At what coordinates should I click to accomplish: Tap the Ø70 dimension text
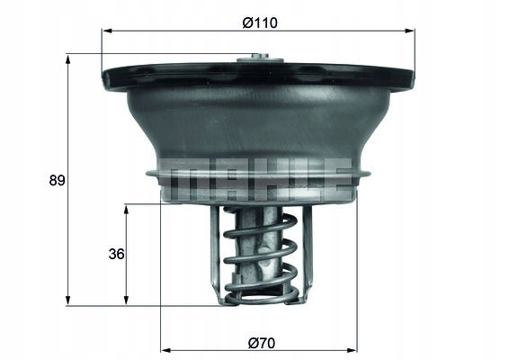(260, 341)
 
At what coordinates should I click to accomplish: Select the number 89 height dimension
(57, 180)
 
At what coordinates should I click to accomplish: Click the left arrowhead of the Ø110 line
(106, 31)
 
